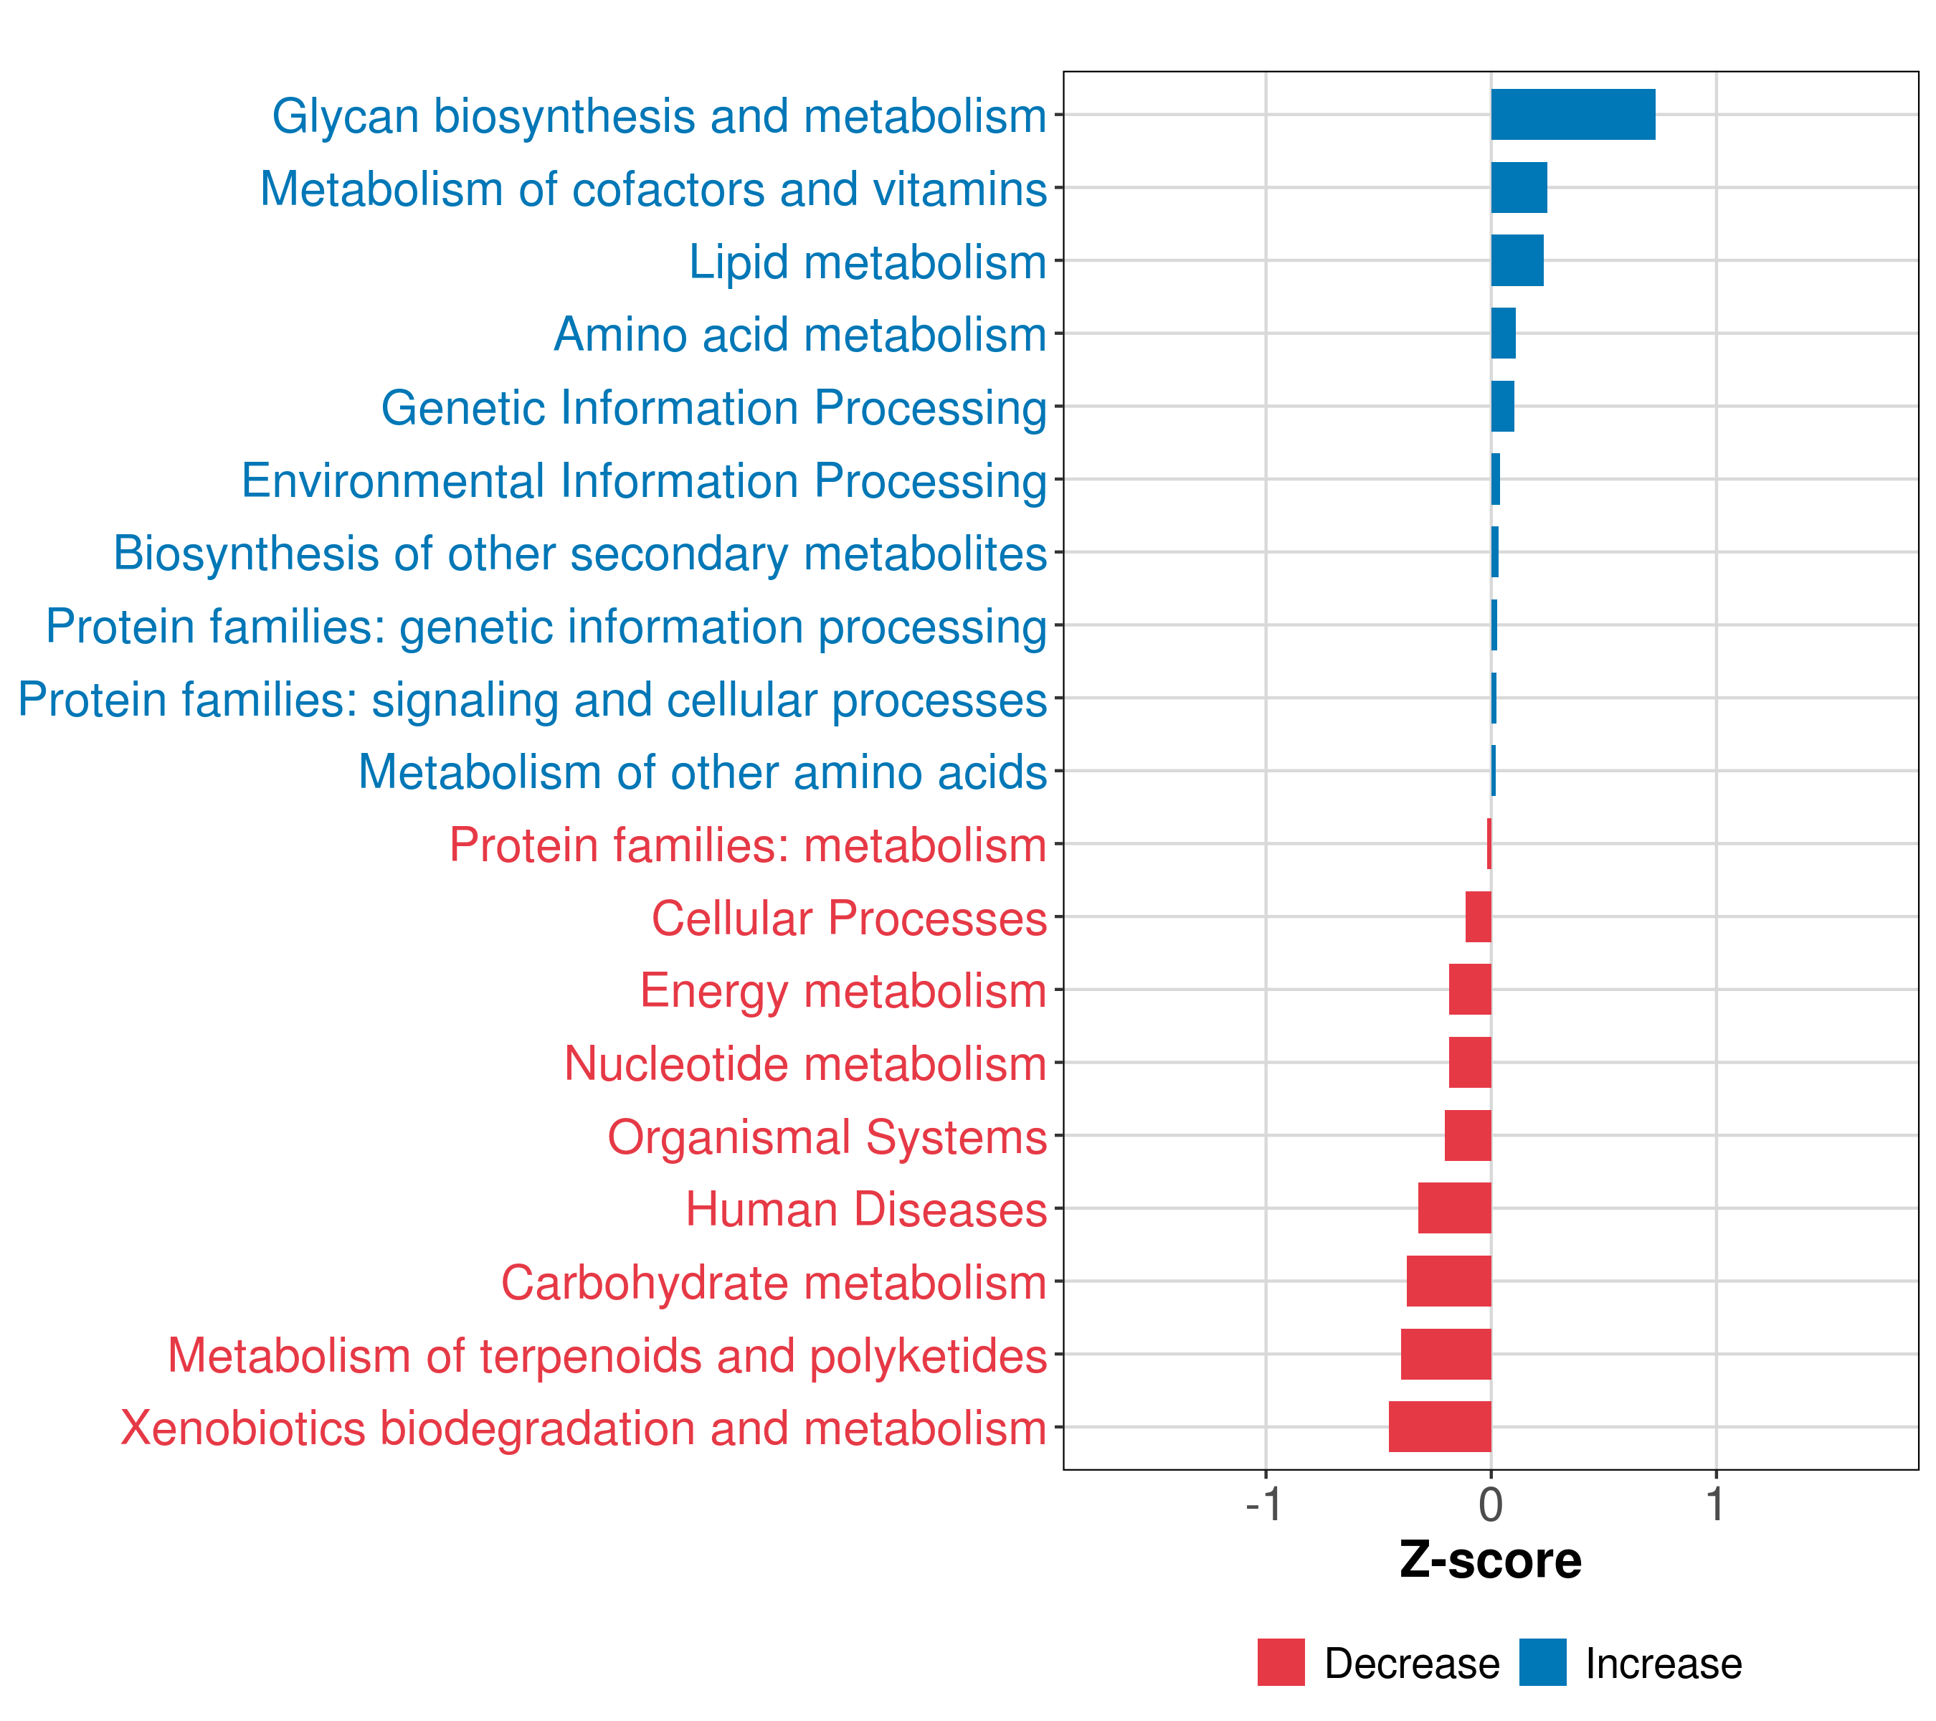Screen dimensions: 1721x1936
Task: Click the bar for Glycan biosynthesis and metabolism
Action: pos(1572,115)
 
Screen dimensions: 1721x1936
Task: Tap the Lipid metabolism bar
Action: pos(1517,260)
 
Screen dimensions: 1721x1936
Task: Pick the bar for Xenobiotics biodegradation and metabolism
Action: pos(1439,1426)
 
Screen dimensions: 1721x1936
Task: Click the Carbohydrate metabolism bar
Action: pos(1448,1281)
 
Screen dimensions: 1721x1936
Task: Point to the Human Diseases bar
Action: pos(1454,1208)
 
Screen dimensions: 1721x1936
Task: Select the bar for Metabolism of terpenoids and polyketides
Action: pos(1446,1354)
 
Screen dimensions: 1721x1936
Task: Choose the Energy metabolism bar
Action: pos(1469,989)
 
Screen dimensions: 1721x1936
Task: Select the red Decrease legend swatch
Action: pos(1281,1662)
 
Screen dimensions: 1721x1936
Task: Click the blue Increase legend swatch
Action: pos(1542,1662)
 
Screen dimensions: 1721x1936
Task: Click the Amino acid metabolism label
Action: pos(799,334)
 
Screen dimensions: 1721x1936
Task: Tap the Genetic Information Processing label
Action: pos(713,407)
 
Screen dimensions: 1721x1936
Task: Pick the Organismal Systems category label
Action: pos(826,1137)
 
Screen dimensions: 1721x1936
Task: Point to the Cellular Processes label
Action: pos(849,918)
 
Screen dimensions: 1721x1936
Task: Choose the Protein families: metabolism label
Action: pos(747,845)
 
